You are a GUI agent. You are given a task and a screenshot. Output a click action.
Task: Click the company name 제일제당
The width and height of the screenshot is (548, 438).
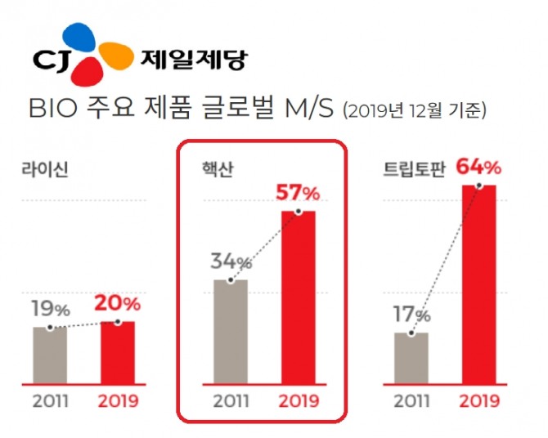(x=193, y=59)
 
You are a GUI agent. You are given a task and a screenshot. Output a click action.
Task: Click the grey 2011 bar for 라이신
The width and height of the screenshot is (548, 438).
(x=51, y=355)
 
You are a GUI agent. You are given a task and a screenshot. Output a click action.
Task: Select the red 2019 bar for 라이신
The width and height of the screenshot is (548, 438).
(x=118, y=352)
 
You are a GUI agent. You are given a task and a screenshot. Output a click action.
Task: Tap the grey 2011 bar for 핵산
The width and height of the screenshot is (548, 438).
(x=231, y=331)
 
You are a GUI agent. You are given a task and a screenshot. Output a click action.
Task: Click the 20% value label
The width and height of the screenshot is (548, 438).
(x=118, y=304)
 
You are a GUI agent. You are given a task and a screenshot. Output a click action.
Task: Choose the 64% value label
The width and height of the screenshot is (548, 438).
(x=478, y=168)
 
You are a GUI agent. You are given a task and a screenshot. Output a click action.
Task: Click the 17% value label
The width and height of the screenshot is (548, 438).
(x=410, y=315)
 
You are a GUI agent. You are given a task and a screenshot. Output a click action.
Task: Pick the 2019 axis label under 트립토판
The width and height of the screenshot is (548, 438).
(x=478, y=401)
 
